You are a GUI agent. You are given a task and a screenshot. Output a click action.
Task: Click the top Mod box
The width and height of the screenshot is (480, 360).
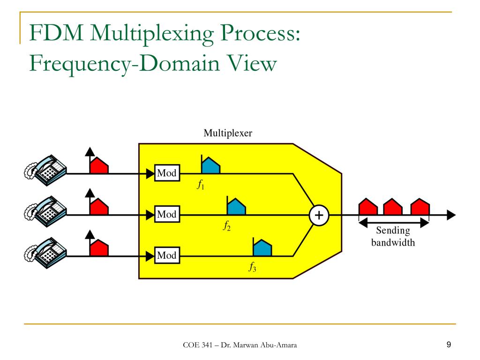point(167,173)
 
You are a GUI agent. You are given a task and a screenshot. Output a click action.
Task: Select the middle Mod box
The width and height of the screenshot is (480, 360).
point(167,214)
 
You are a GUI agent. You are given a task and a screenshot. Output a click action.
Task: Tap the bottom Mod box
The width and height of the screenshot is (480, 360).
point(167,255)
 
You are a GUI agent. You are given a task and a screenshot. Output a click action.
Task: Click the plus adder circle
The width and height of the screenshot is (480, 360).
point(319,215)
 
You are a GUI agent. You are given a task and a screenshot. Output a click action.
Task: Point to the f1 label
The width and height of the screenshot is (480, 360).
point(201,185)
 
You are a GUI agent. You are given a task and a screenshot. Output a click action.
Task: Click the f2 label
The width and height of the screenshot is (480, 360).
point(227,226)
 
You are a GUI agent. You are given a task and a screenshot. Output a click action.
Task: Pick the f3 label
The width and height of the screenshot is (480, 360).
point(252,267)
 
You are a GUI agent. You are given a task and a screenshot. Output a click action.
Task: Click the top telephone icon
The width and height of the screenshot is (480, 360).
point(45,170)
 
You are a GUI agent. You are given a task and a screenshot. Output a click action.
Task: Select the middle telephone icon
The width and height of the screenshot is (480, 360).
point(45,211)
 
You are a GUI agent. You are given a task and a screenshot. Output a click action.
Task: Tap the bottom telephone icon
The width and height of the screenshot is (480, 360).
point(45,253)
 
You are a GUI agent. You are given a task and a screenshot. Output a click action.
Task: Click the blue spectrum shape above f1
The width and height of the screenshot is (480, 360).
point(210,165)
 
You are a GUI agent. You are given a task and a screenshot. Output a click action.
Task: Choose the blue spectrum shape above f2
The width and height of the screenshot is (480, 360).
point(236,206)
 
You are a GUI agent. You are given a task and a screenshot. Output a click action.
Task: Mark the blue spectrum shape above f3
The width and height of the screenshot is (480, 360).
point(262,247)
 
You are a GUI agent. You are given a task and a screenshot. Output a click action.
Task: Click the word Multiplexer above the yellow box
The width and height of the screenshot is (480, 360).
point(228,133)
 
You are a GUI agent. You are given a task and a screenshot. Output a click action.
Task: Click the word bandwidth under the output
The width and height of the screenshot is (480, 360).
point(393,242)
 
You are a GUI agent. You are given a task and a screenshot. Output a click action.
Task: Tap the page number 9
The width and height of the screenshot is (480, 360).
point(449,345)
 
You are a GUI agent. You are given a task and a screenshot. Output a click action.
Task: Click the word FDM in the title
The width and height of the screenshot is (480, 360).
point(56,32)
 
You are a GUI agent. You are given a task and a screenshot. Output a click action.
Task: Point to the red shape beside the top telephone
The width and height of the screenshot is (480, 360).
point(99,165)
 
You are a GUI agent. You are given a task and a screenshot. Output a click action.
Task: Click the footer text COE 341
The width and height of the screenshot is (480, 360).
point(197,345)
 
